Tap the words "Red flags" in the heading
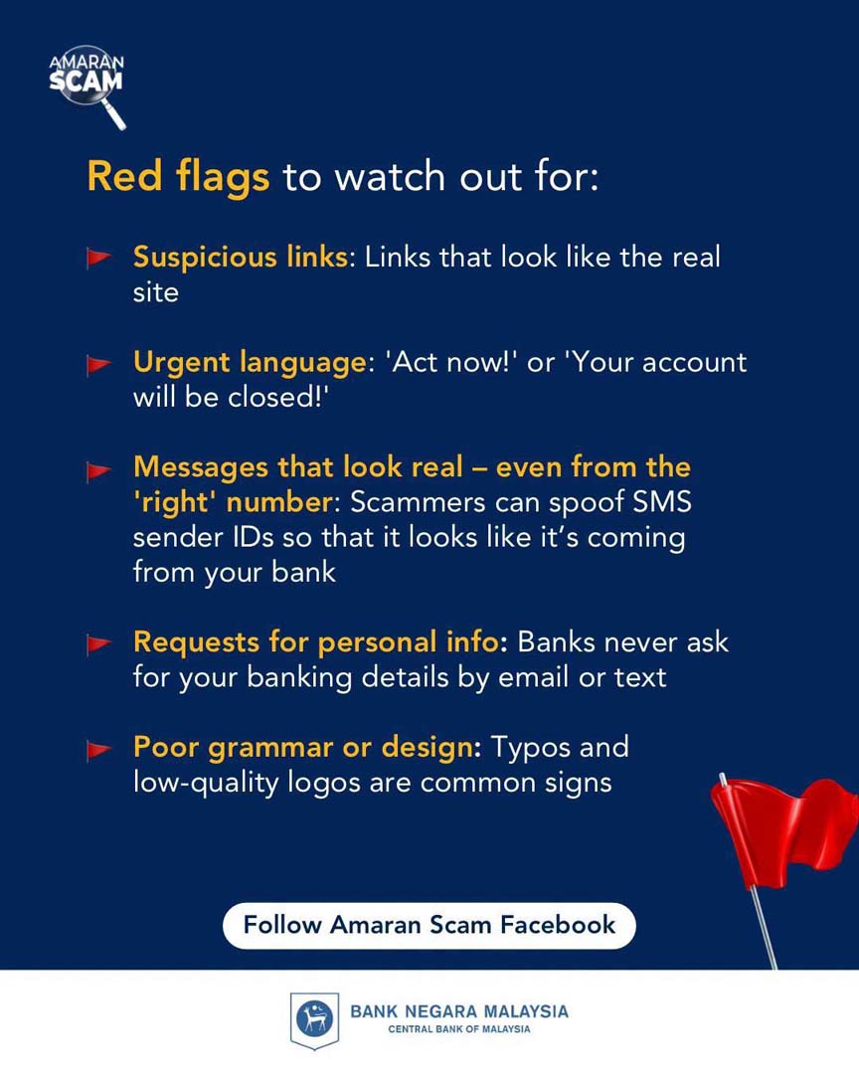(x=178, y=178)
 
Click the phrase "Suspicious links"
(x=241, y=258)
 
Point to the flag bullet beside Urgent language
(x=98, y=364)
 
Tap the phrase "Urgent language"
(x=250, y=363)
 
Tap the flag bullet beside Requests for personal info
(x=98, y=643)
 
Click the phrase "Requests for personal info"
(x=315, y=642)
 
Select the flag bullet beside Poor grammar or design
(x=98, y=750)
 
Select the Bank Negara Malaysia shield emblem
(x=314, y=1020)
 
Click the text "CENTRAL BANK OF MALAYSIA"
(x=459, y=1029)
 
